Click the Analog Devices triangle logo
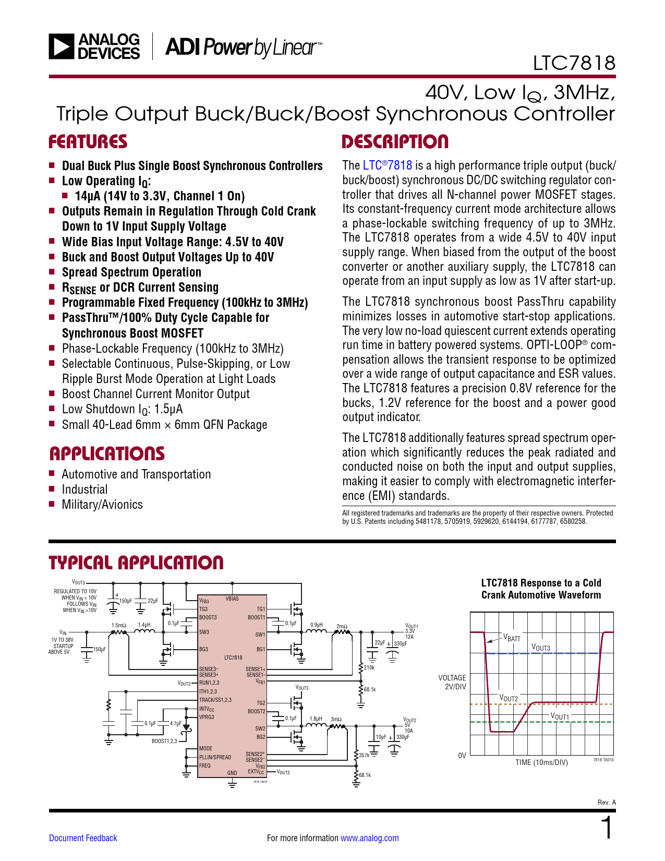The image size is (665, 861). tap(61, 46)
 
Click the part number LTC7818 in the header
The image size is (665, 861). tap(574, 63)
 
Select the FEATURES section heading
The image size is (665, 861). tap(88, 142)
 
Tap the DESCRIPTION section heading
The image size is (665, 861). tap(395, 142)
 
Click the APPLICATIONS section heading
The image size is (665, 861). tap(107, 453)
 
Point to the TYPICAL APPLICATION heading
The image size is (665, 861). tap(136, 563)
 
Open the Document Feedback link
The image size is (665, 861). tap(83, 838)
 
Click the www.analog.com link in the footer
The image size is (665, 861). tap(369, 838)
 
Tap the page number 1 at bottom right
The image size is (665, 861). tap(607, 828)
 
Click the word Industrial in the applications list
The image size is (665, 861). tap(84, 489)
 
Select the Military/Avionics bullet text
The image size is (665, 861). tap(102, 505)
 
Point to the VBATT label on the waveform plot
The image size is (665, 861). tap(512, 638)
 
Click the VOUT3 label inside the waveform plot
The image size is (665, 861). tap(540, 648)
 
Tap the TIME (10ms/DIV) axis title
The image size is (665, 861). tap(541, 762)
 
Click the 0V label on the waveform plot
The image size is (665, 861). tap(462, 756)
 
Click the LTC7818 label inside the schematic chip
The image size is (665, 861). tap(233, 657)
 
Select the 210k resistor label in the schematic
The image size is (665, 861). tap(369, 667)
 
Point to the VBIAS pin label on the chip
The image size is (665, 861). tap(232, 599)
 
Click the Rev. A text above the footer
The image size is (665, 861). tap(607, 802)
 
